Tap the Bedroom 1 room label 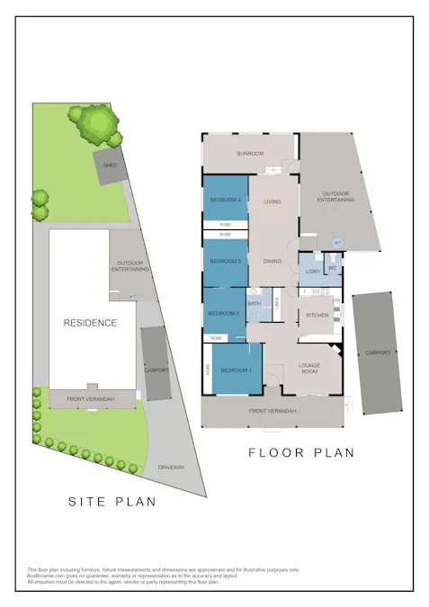(x=237, y=370)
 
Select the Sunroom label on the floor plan (x=250, y=154)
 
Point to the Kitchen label (x=318, y=315)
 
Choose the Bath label (x=255, y=304)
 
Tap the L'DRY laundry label (x=312, y=271)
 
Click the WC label (x=332, y=268)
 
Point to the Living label (x=273, y=201)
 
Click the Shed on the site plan (x=111, y=166)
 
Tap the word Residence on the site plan (x=90, y=322)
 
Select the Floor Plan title (x=301, y=453)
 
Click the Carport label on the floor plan (x=379, y=353)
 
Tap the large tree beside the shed (x=95, y=123)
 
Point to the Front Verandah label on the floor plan (x=273, y=411)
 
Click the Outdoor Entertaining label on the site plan (x=131, y=267)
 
